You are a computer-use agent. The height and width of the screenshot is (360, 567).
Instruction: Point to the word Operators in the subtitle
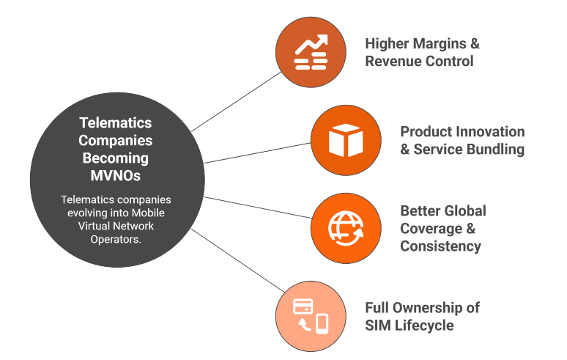113,240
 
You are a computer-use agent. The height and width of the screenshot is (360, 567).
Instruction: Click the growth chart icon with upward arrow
310,52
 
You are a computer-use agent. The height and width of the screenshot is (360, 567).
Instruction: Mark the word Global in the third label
463,210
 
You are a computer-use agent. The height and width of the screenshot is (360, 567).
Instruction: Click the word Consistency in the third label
440,246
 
